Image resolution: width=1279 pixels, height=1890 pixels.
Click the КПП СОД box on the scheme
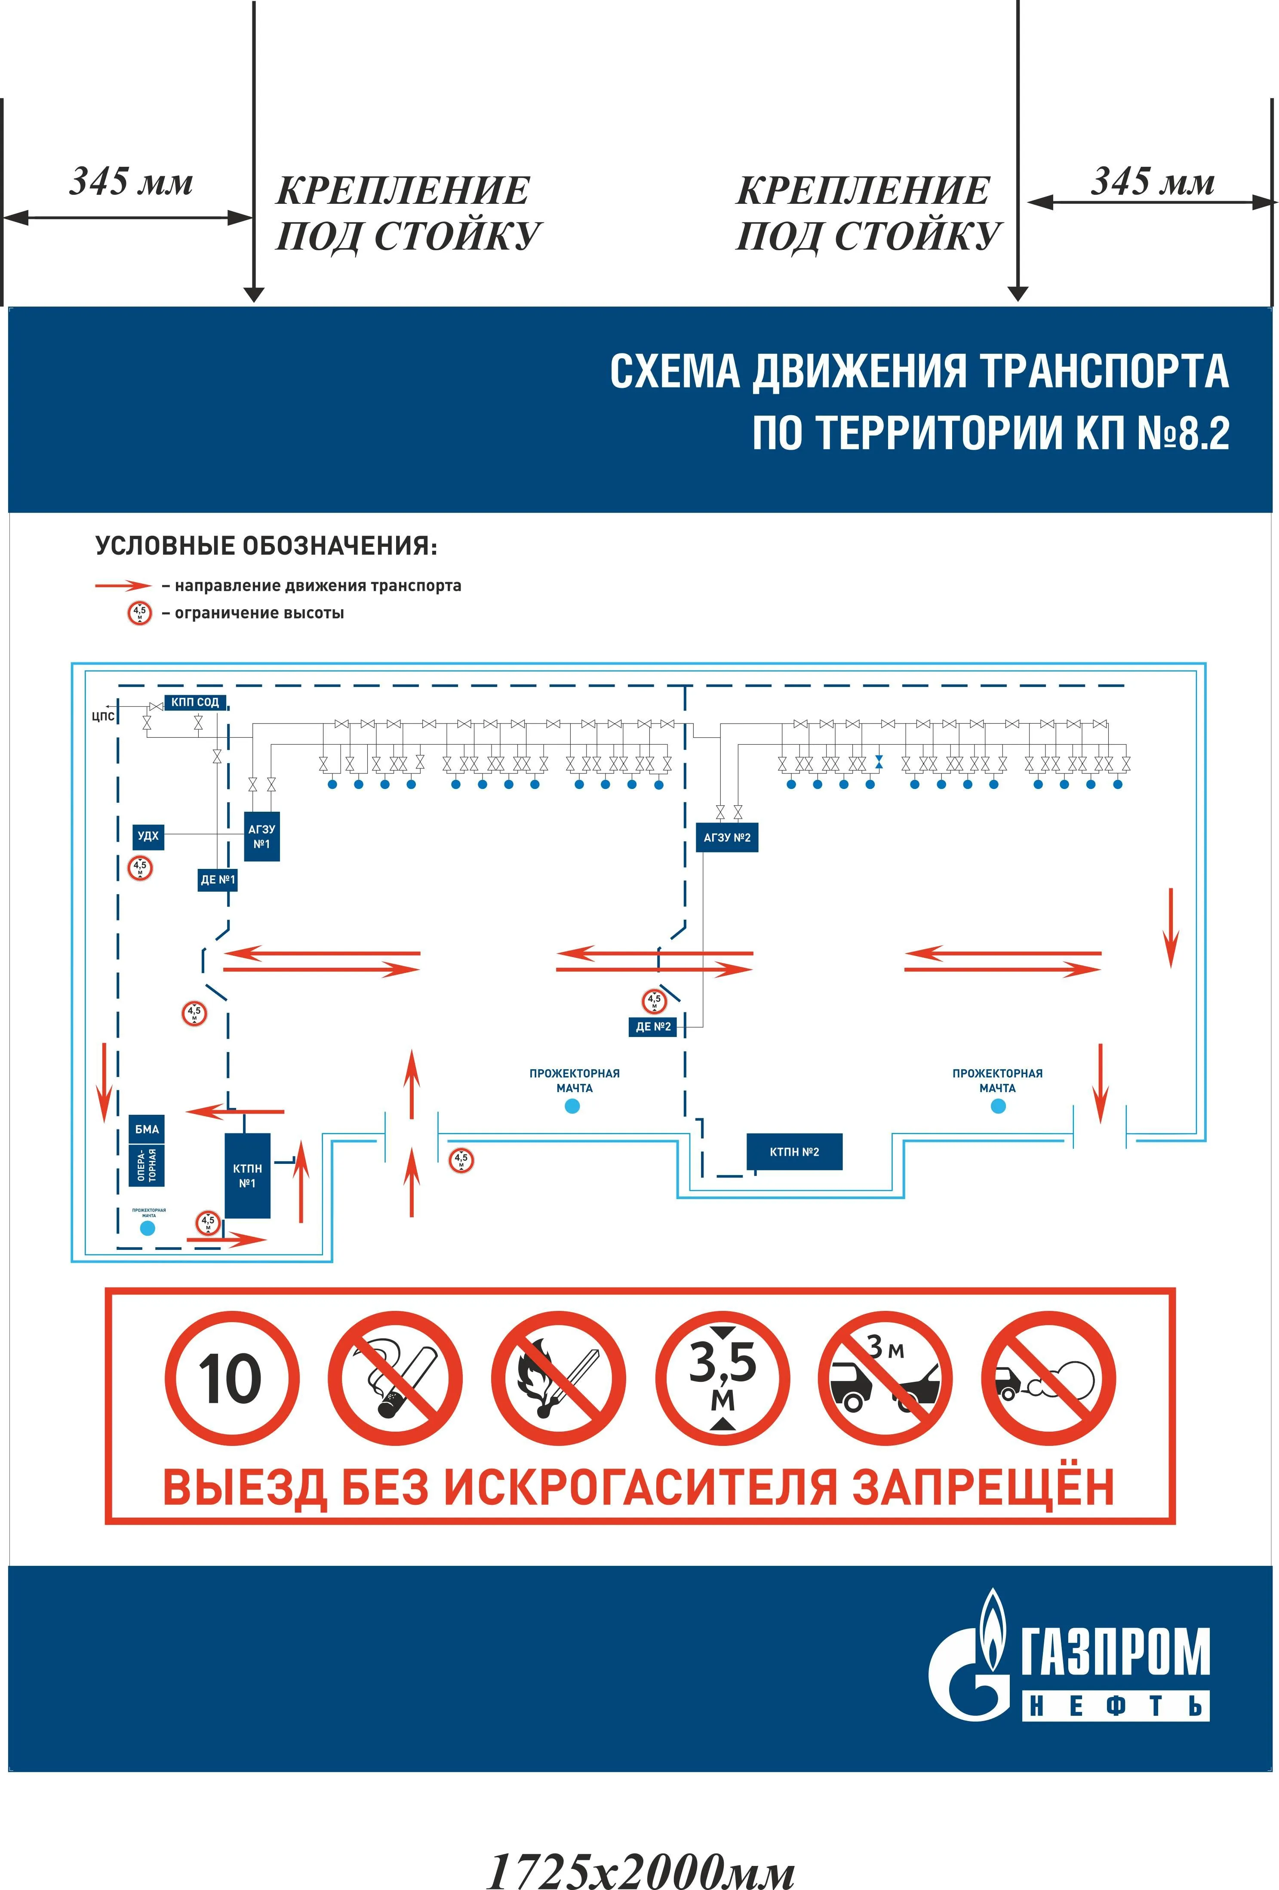pyautogui.click(x=195, y=702)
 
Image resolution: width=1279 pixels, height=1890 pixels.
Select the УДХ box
pyautogui.click(x=148, y=836)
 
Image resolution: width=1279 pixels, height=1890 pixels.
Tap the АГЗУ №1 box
pyautogui.click(x=262, y=836)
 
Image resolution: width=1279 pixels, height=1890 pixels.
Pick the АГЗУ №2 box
pyautogui.click(x=726, y=838)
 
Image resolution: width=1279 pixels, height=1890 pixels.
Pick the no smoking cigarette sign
pyautogui.click(x=395, y=1378)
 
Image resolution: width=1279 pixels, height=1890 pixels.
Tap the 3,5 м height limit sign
pyautogui.click(x=723, y=1378)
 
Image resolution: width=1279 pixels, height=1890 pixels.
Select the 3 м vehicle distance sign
pyautogui.click(x=885, y=1378)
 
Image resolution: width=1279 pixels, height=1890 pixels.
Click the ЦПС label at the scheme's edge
pyautogui.click(x=103, y=716)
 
